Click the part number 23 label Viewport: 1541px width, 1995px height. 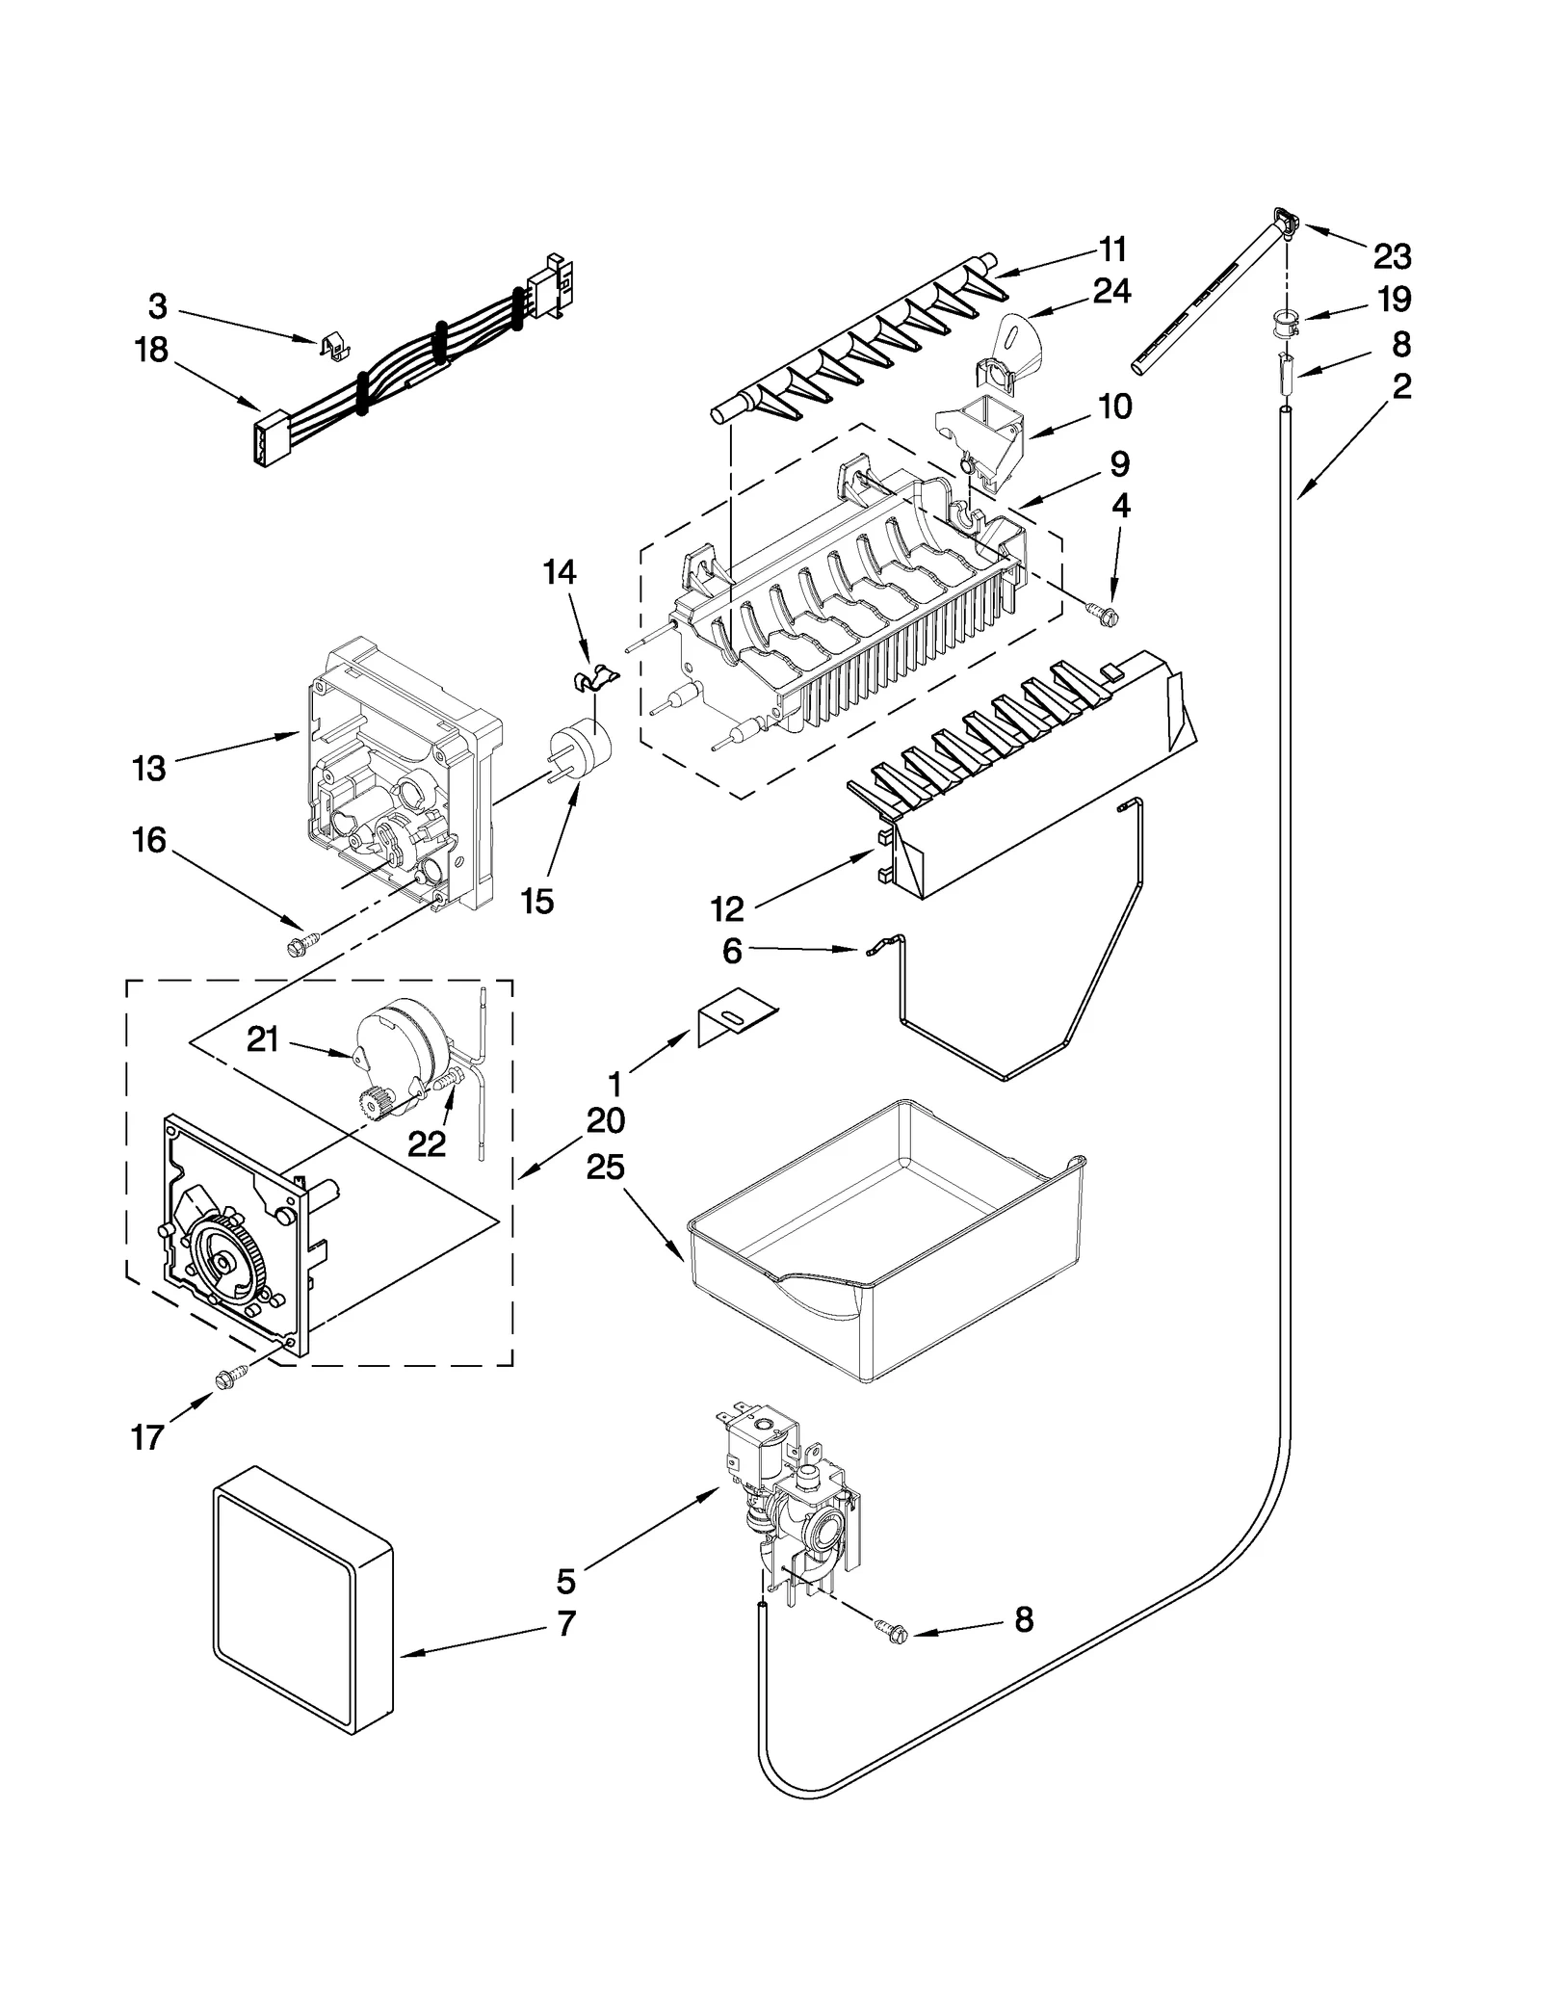coord(1392,257)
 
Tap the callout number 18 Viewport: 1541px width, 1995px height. coord(151,350)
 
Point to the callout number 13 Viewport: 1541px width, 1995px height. coord(149,768)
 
